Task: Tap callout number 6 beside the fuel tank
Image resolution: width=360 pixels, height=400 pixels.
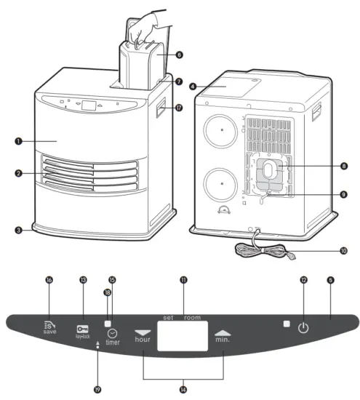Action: [179, 55]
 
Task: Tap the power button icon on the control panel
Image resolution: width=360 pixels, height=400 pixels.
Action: [303, 327]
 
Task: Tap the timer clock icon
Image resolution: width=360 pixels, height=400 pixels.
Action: [112, 332]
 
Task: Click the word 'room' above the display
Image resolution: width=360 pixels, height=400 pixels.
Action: [192, 318]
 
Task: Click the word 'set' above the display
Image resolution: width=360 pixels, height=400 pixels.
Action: [168, 318]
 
